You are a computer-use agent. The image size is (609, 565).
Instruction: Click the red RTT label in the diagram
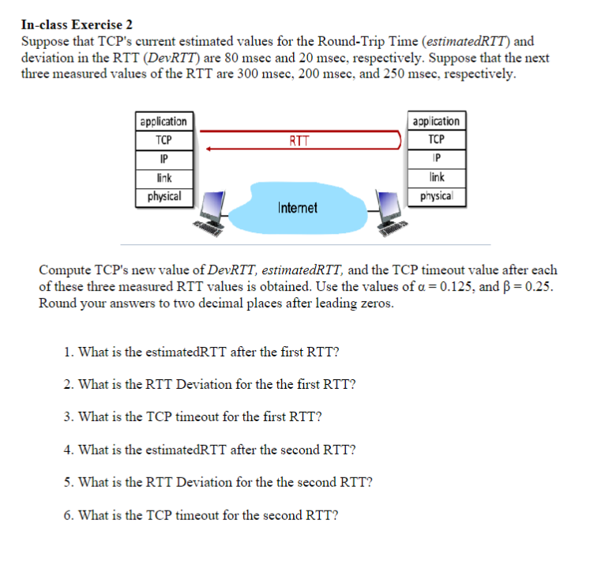point(299,141)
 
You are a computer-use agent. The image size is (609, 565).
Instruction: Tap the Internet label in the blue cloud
point(297,208)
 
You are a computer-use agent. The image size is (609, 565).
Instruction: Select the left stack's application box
point(164,122)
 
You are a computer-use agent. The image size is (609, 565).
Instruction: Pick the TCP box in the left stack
point(164,141)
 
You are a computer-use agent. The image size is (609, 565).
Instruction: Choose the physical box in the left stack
point(164,196)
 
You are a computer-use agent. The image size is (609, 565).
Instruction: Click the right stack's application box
point(436,122)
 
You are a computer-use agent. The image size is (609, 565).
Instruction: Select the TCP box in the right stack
point(436,140)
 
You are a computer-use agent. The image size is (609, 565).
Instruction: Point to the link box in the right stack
point(436,178)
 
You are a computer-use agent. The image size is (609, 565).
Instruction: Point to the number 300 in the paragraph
point(250,75)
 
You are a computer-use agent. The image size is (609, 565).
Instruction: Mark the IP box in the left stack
point(164,159)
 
